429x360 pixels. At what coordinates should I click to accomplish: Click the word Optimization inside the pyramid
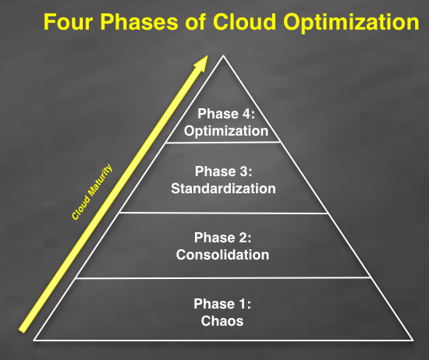coord(225,130)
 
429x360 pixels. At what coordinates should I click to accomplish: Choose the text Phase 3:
coord(225,171)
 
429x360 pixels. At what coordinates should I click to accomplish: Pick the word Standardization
coord(225,188)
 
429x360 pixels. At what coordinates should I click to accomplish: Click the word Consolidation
coord(222,255)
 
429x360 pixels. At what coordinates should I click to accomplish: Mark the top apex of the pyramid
coord(225,56)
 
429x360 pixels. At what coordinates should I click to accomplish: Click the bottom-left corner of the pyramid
coord(34,340)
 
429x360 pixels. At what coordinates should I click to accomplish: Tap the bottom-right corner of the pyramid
coord(415,340)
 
